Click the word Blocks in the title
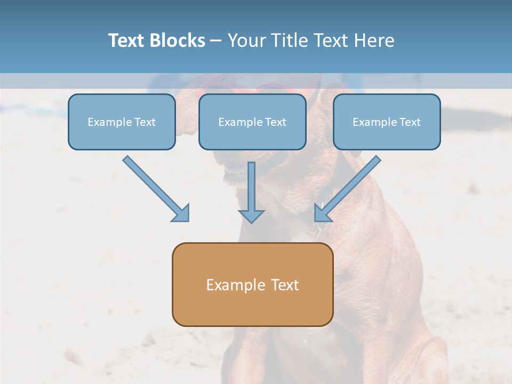(179, 41)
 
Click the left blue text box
(122, 122)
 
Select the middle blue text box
(252, 122)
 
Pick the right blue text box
(387, 122)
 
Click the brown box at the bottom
(252, 284)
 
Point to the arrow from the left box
(155, 188)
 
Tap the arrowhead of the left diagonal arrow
(181, 213)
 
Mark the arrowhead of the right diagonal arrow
(322, 213)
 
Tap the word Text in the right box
(410, 122)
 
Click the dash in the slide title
(216, 41)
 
